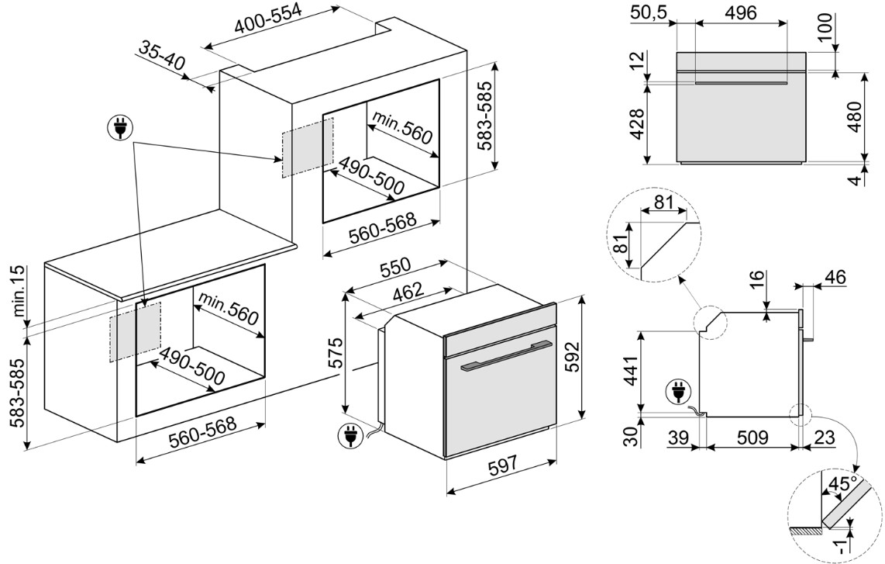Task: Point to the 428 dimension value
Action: [x=635, y=123]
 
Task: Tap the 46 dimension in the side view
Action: [x=835, y=277]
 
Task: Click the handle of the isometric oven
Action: [x=504, y=356]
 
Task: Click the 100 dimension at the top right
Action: [x=824, y=28]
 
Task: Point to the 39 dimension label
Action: [x=680, y=438]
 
